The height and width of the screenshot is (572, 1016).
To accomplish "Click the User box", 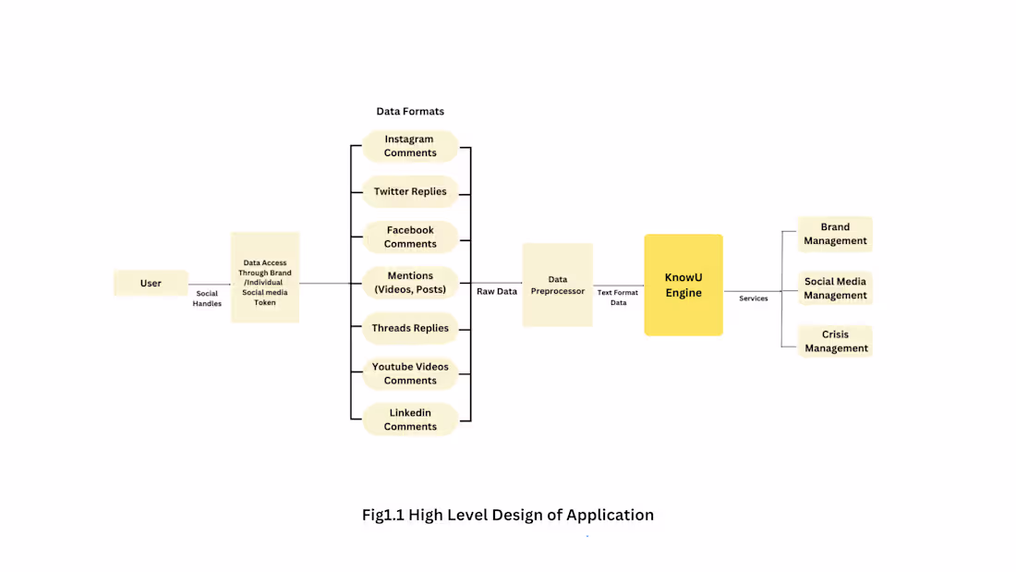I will (151, 283).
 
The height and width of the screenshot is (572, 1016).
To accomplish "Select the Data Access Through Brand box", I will (265, 277).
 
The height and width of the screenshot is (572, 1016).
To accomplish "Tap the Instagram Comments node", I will (410, 146).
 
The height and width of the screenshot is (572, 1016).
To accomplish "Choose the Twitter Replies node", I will (410, 191).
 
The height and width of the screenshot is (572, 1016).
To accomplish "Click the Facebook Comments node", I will (410, 237).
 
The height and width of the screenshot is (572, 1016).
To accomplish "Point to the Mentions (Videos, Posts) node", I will (410, 283).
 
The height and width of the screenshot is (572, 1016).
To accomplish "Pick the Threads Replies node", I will (410, 328).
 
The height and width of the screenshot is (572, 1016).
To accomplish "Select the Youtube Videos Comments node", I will (410, 373).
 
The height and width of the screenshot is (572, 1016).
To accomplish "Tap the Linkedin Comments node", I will (410, 420).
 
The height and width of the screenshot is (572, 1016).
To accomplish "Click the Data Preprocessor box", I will (558, 285).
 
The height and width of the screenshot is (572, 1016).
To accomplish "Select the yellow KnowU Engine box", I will (683, 285).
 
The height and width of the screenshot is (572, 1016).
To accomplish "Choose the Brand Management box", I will (835, 234).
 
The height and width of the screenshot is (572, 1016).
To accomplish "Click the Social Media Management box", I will (835, 288).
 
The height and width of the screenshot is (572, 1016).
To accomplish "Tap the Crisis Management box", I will (835, 341).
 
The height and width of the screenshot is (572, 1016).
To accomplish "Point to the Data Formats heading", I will (410, 111).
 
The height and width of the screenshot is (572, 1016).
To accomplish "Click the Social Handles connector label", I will (207, 298).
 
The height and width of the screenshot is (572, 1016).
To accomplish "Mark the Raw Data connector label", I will (497, 291).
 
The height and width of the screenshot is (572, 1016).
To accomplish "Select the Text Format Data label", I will (618, 298).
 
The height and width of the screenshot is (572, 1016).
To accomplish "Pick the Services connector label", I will (754, 298).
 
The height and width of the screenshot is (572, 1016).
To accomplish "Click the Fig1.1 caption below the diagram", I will (507, 515).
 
